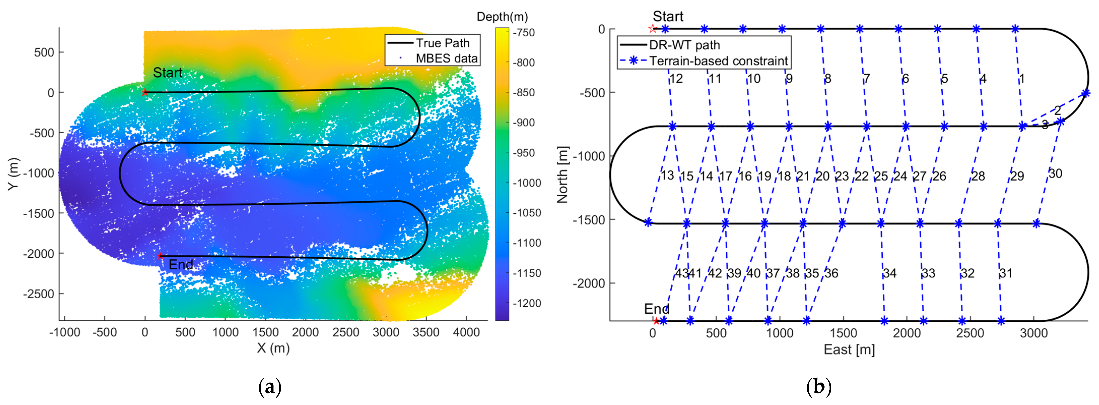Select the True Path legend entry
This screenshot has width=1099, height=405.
pos(442,43)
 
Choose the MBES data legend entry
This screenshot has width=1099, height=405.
pos(446,58)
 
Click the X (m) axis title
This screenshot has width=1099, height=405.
pos(273,348)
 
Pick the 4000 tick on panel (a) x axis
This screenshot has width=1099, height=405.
pos(466,332)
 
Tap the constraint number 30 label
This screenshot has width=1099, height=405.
pos(1055,173)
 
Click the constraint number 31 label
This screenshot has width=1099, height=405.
pos(1006,273)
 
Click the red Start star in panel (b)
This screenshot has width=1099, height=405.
pos(652,29)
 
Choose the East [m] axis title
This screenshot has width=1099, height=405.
pos(849,350)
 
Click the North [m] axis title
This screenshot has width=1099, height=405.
pos(562,175)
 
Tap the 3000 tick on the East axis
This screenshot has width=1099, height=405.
pos(1033,333)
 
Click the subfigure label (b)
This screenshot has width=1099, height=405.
pos(818,387)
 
